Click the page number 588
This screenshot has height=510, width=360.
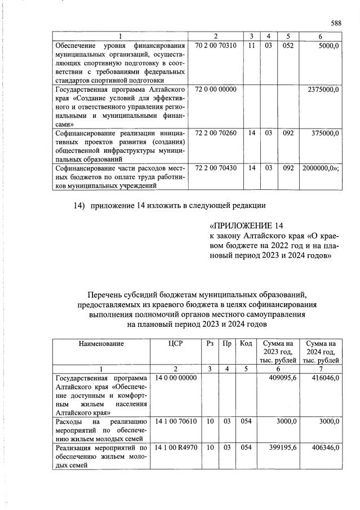tap(336, 23)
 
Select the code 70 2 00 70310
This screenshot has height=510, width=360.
tap(215, 45)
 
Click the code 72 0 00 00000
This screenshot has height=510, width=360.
tap(215, 90)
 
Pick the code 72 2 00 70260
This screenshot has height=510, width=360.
tap(215, 134)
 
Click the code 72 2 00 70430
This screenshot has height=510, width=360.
tap(215, 168)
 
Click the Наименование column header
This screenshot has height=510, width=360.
tap(101, 343)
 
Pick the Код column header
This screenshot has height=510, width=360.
tap(246, 343)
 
